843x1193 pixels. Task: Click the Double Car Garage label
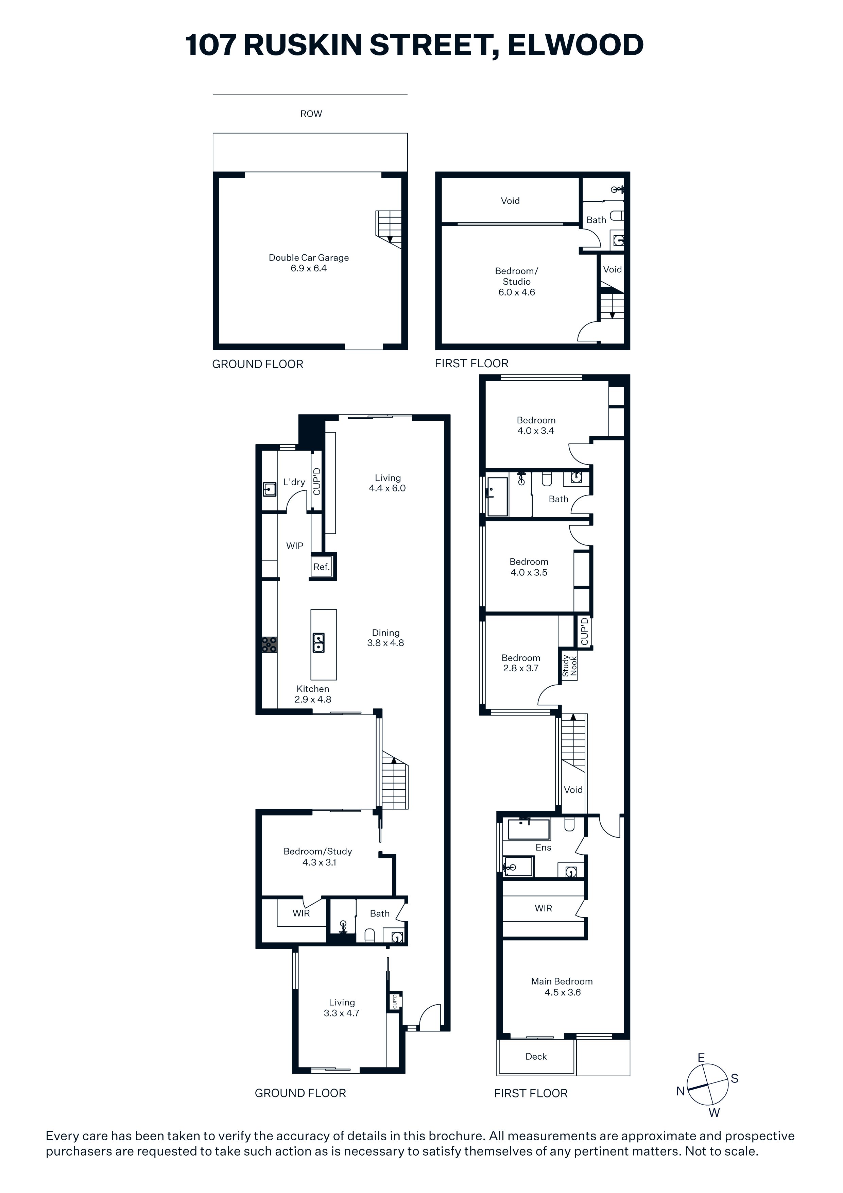tap(309, 263)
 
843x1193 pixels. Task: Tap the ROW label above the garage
tap(311, 114)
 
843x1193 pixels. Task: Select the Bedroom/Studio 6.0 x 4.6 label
tap(516, 282)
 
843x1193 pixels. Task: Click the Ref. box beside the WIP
tap(322, 567)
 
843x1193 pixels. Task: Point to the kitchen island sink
tap(319, 643)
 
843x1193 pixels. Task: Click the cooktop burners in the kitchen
tap(269, 645)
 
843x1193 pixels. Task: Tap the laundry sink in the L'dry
tap(269, 489)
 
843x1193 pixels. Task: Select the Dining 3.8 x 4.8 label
tap(385, 638)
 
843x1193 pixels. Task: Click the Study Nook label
tap(569, 666)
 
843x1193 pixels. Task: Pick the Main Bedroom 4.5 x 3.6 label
tap(562, 987)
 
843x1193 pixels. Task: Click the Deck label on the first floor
tap(536, 1056)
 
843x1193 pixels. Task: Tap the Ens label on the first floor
tap(543, 847)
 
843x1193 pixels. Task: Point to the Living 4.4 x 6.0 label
tap(388, 483)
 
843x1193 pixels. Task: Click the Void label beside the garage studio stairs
tap(613, 269)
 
